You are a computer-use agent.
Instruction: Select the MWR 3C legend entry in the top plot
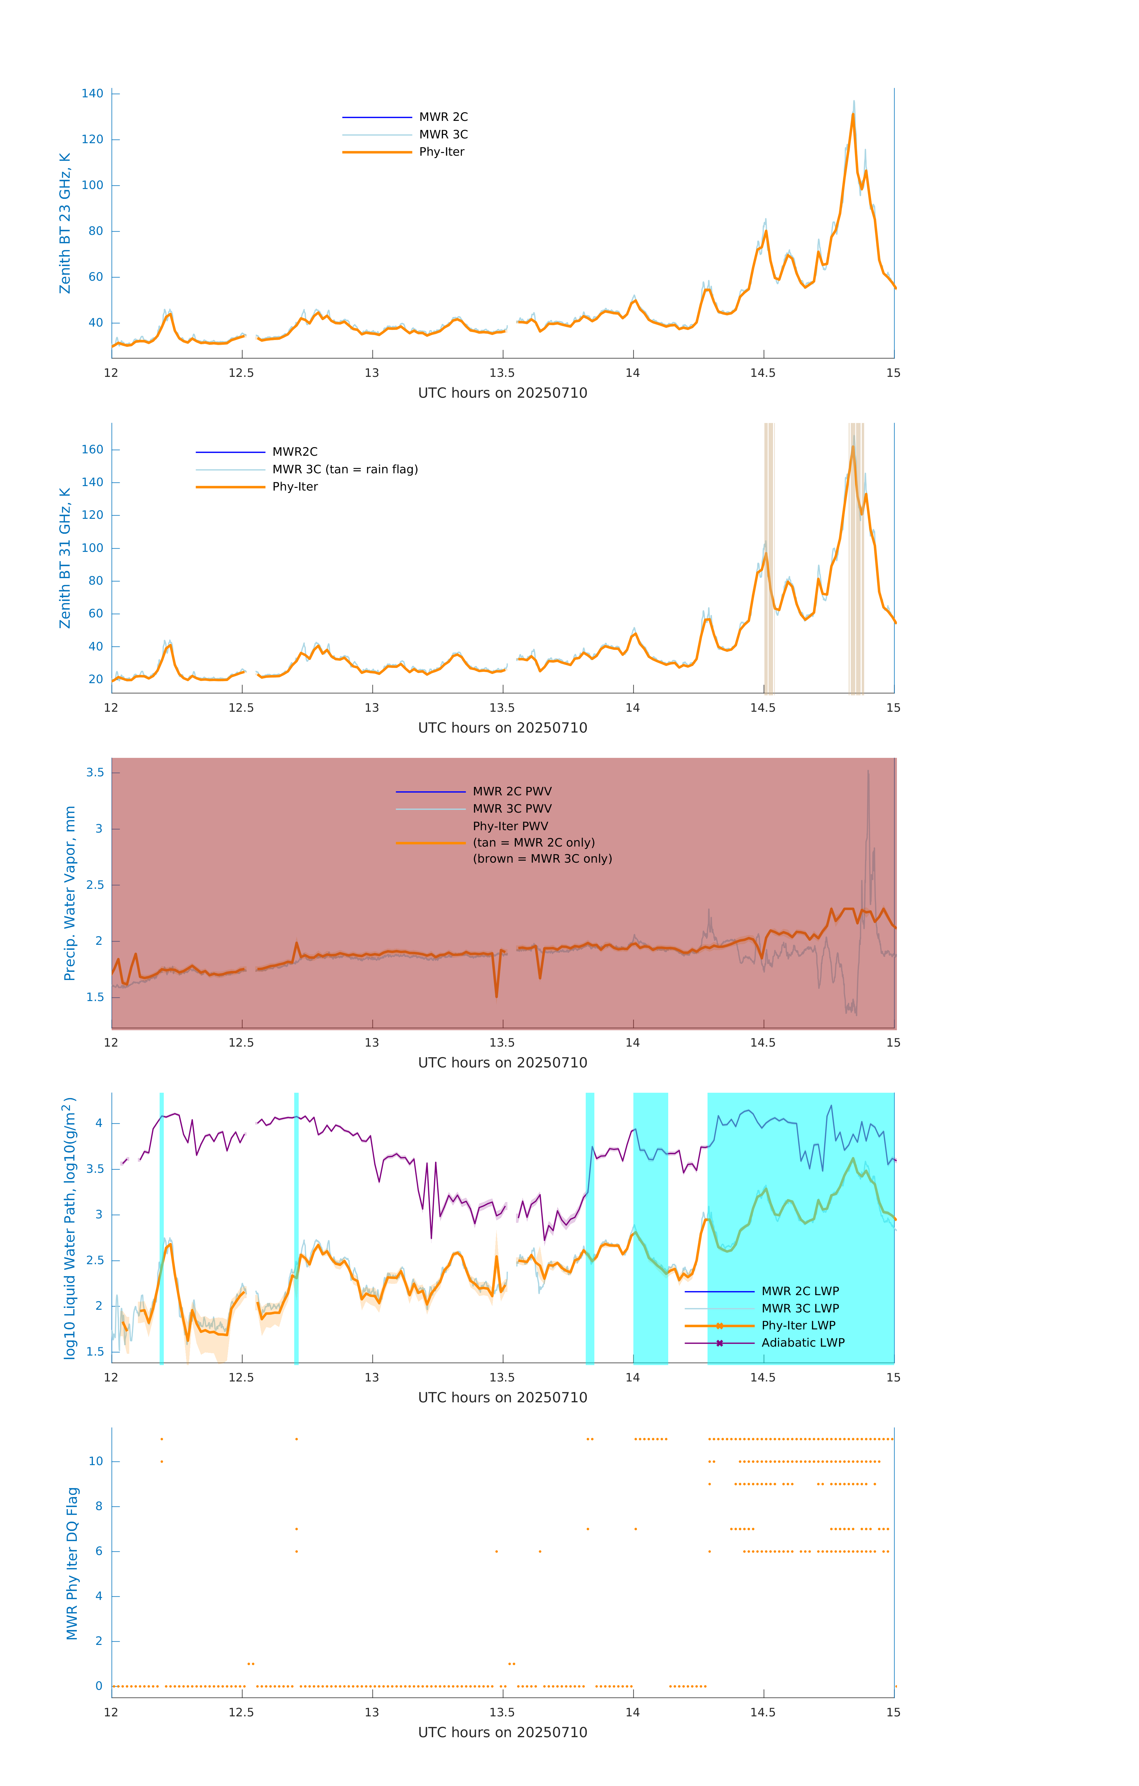pos(443,134)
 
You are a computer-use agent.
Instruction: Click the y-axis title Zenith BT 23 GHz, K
pos(65,223)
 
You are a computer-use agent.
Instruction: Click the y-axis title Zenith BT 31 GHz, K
pos(65,558)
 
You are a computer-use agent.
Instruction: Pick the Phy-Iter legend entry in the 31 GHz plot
pos(295,487)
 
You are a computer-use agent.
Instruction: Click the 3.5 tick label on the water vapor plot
pos(95,773)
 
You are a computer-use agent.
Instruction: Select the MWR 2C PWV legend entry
pos(512,791)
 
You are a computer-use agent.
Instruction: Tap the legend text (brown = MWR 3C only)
pos(543,859)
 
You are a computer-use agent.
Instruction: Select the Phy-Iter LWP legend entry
pos(798,1326)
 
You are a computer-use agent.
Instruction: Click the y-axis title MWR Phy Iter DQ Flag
pos(72,1563)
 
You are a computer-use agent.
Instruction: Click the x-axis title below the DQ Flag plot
pos(502,1733)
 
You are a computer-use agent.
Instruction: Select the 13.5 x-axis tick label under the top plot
pos(501,373)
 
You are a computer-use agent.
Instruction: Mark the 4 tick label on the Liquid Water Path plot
pos(99,1124)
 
